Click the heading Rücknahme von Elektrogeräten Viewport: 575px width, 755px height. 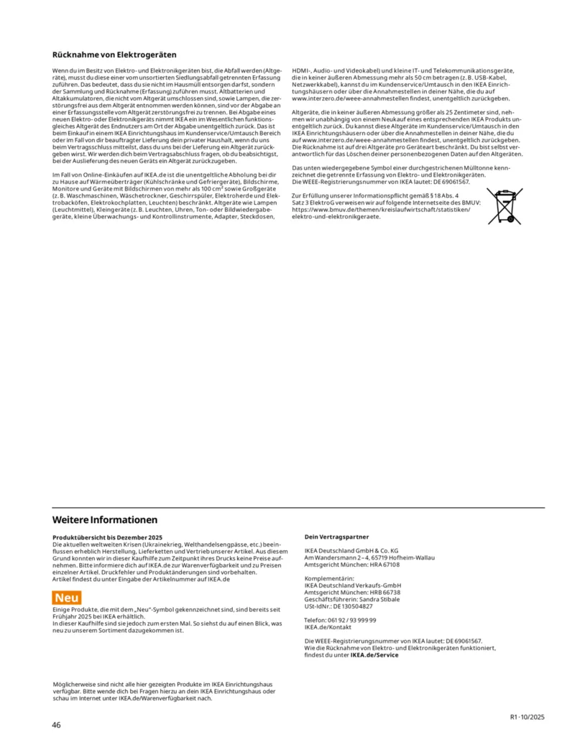(114, 55)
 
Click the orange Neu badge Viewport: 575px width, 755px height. (67, 598)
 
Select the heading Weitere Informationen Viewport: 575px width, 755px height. (105, 519)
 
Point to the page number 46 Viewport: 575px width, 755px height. (56, 724)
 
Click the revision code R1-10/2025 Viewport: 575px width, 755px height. (528, 717)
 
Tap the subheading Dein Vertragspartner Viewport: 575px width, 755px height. (336, 537)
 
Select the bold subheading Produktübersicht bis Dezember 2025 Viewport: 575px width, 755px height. (109, 537)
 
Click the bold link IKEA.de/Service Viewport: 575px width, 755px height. (374, 655)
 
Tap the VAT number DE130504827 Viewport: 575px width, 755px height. (352, 606)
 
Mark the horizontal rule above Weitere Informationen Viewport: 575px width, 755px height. (298, 508)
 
